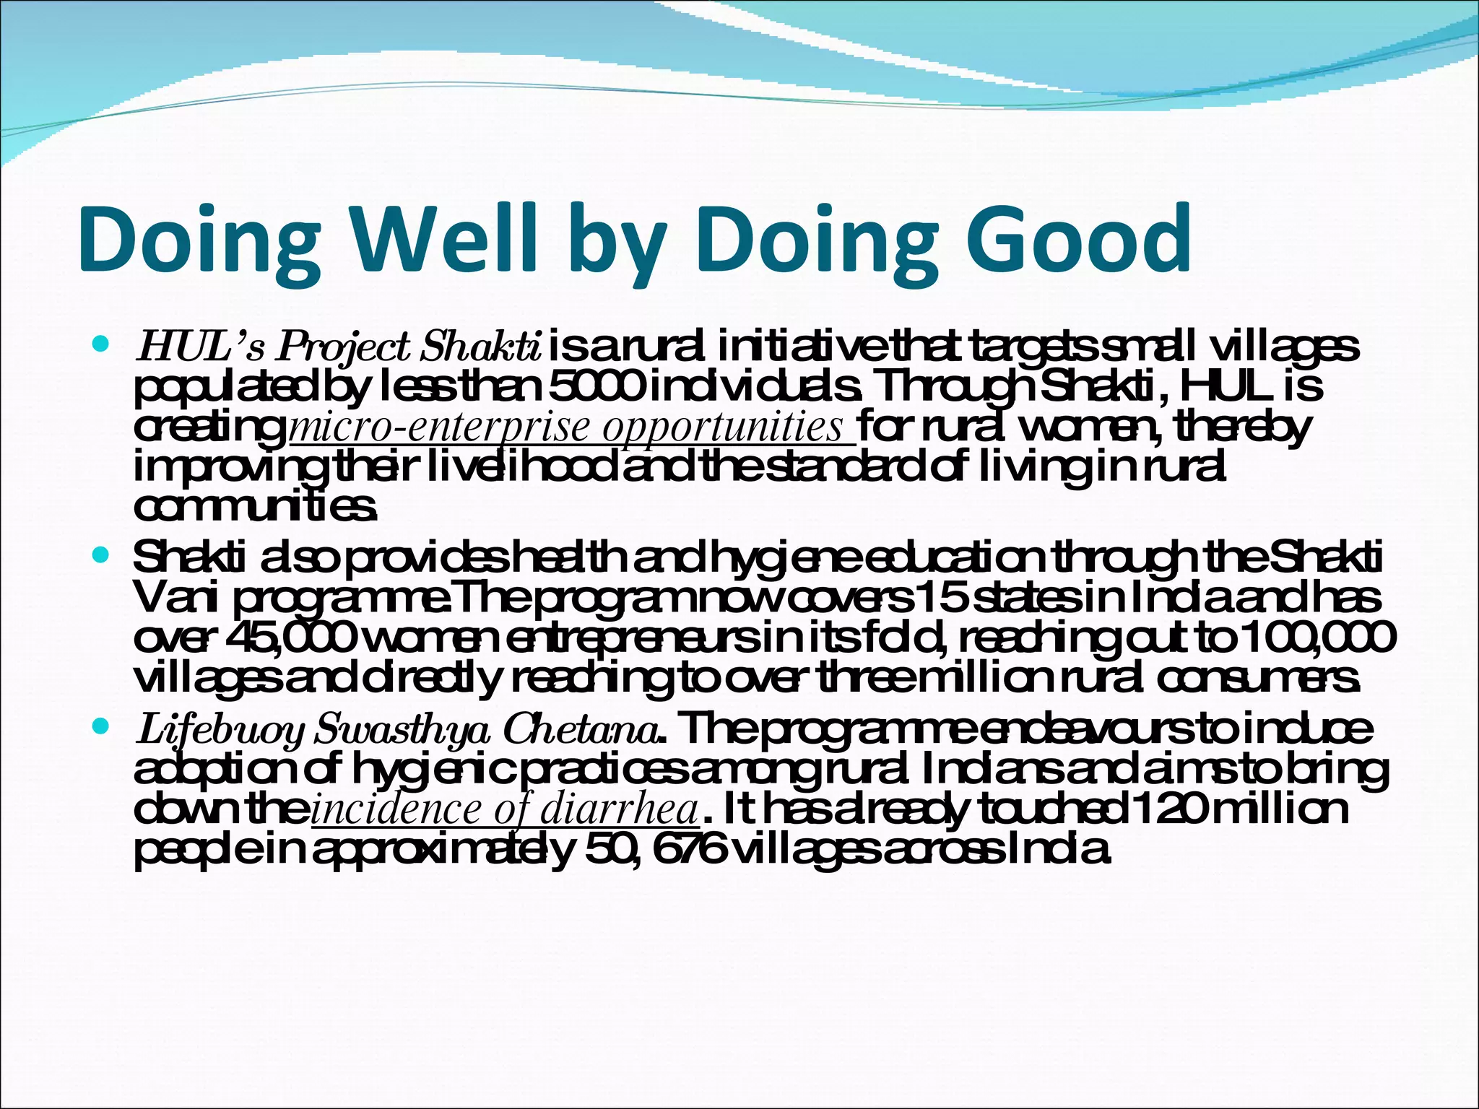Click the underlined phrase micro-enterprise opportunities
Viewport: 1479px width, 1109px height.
click(571, 427)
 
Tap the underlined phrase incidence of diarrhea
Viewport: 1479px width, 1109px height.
click(505, 810)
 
